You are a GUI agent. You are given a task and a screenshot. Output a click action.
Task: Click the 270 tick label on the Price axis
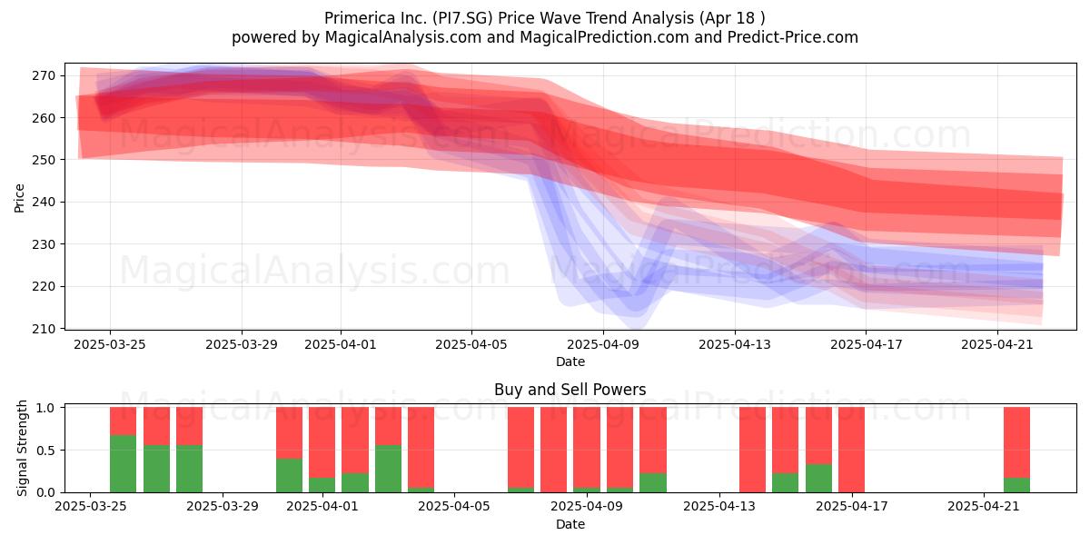[x=44, y=76]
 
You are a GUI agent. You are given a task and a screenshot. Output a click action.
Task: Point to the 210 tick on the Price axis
[x=63, y=329]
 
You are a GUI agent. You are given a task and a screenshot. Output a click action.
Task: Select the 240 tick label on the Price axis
[x=44, y=202]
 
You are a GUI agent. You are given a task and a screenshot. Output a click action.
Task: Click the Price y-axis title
[x=19, y=198]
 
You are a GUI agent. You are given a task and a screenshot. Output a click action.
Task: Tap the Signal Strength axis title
[x=22, y=448]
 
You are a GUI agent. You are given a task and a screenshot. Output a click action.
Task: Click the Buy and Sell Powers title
[x=570, y=390]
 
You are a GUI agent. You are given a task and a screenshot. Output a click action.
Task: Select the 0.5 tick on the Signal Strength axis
[x=63, y=451]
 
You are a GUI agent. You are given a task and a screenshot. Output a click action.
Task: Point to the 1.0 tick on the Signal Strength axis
[x=63, y=407]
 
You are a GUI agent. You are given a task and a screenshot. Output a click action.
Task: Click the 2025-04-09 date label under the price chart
[x=603, y=344]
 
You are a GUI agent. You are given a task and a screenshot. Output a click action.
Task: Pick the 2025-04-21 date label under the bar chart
[x=984, y=507]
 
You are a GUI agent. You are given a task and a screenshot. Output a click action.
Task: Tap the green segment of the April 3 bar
[x=389, y=469]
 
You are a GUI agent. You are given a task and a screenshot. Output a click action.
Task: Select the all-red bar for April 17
[x=852, y=450]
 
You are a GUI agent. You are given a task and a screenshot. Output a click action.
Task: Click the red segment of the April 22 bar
[x=1017, y=442]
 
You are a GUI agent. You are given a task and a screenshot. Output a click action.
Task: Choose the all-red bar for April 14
[x=752, y=450]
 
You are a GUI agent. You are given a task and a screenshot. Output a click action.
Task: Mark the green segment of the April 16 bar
[x=818, y=479]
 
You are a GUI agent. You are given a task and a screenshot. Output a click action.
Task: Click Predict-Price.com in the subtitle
[x=793, y=37]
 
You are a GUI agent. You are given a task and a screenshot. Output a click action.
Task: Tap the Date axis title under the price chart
[x=570, y=362]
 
